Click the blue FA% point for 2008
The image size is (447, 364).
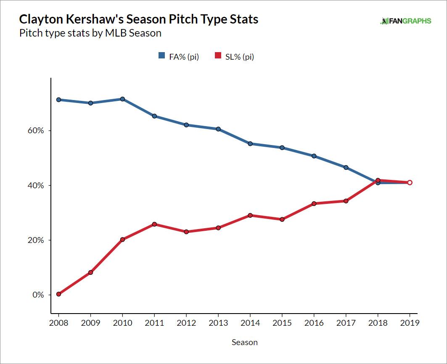click(x=58, y=100)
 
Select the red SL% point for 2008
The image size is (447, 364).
click(x=58, y=294)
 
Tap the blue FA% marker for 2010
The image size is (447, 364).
click(x=122, y=99)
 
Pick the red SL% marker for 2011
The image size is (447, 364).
click(x=154, y=224)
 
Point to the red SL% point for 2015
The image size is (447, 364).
click(x=282, y=219)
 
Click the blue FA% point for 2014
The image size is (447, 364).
click(x=250, y=144)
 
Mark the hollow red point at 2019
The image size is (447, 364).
click(x=410, y=182)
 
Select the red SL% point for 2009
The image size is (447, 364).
click(x=90, y=272)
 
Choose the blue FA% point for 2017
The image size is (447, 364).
click(x=346, y=167)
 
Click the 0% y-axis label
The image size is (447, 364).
click(x=37, y=295)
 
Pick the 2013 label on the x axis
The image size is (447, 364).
click(x=218, y=323)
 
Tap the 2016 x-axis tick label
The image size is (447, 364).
click(x=314, y=323)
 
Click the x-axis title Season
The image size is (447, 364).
click(x=245, y=342)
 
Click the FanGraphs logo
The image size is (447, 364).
click(x=406, y=21)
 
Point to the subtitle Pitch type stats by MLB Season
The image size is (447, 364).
click(x=90, y=33)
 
